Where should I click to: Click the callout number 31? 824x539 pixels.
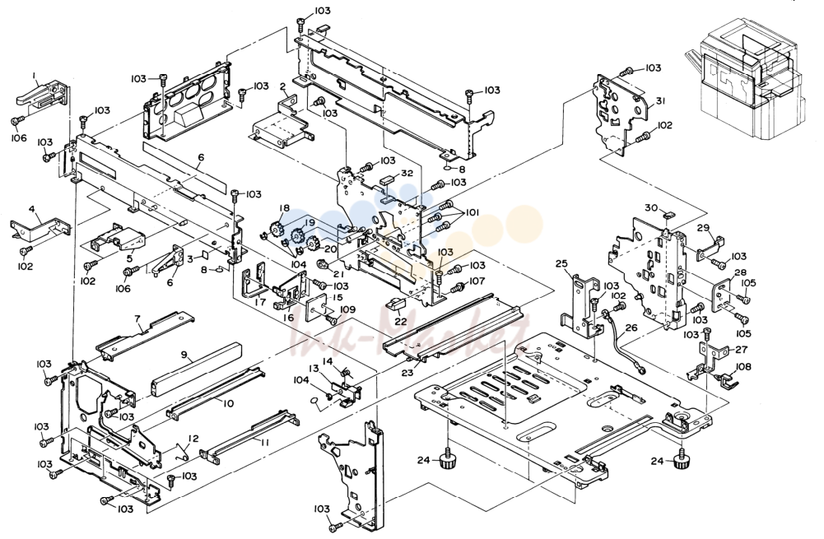tap(661, 100)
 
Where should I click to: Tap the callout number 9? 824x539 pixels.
tap(184, 355)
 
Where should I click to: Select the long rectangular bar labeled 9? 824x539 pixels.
tap(196, 369)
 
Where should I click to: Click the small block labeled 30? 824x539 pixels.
tap(669, 214)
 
